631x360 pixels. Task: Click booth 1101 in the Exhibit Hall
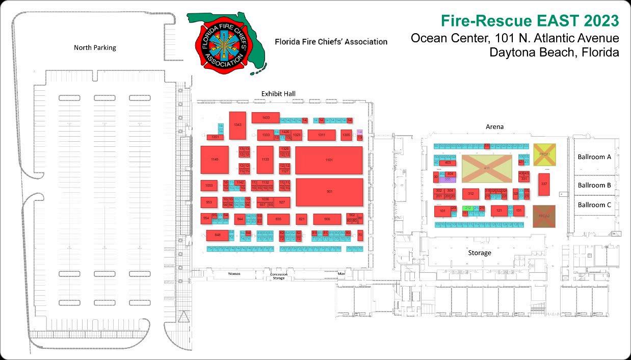pos(329,160)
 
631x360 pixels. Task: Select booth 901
pos(329,192)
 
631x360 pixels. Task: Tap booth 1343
pos(238,125)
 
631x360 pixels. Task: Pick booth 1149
pos(214,160)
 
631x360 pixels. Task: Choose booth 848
pos(217,235)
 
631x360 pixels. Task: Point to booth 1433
pos(266,118)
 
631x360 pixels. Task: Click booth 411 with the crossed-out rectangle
pos(487,168)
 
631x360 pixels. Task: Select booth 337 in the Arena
pos(544,184)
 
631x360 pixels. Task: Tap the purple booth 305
pos(447,179)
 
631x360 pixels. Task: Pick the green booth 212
pos(467,208)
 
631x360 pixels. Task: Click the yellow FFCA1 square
pos(544,154)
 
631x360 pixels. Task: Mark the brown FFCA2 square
pos(544,216)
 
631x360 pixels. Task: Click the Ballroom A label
pos(594,157)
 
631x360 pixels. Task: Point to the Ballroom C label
pos(594,205)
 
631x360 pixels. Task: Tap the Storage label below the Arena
pos(480,253)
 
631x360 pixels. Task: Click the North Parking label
pos(95,48)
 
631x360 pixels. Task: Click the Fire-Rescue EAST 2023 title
pos(530,21)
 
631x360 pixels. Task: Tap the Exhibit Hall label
pos(278,94)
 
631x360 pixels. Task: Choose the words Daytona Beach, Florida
pos(554,52)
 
